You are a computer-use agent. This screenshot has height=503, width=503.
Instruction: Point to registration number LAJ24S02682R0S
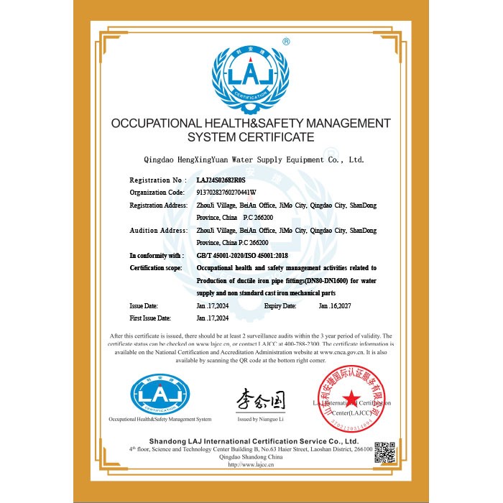[x=221, y=180]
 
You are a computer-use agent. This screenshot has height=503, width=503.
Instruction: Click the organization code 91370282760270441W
[x=226, y=193]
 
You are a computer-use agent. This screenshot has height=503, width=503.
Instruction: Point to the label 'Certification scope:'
[x=156, y=268]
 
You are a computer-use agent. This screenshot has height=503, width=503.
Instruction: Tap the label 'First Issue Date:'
[x=150, y=318]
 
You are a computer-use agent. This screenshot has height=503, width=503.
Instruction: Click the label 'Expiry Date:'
[x=280, y=306]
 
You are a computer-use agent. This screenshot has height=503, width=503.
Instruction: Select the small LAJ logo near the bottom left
[x=160, y=394]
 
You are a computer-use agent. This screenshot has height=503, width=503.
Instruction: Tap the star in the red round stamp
[x=351, y=398]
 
